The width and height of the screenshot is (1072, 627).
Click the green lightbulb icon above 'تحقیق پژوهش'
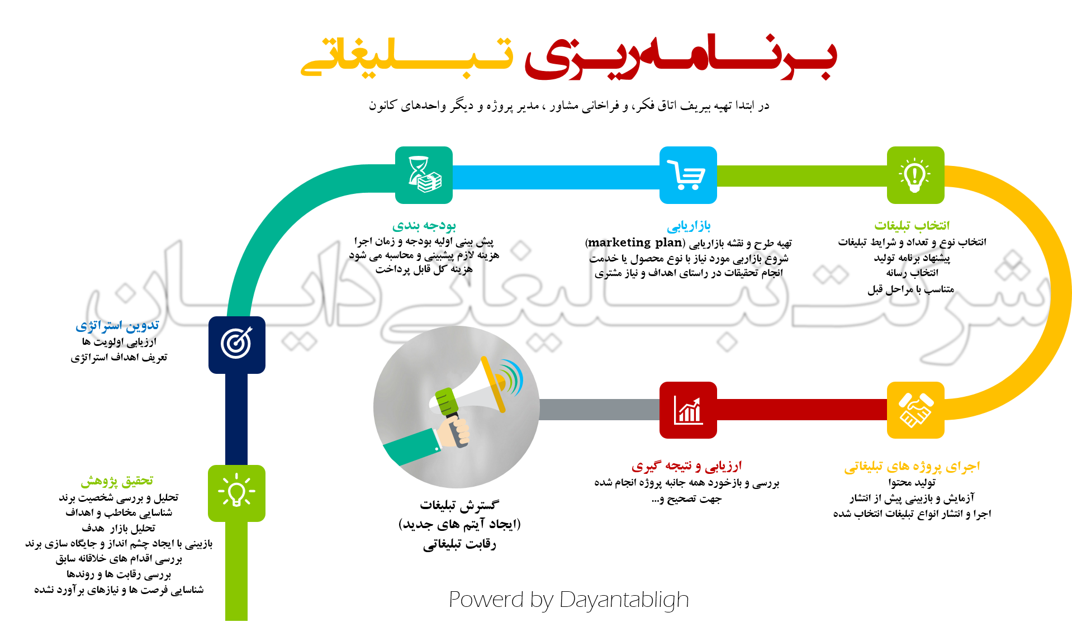click(x=236, y=493)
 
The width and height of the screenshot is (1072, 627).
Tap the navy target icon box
click(x=236, y=344)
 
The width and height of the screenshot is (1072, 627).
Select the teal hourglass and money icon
click(x=424, y=175)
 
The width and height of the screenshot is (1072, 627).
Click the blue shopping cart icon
click(x=687, y=175)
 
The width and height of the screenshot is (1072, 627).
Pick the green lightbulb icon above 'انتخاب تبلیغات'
click(x=915, y=175)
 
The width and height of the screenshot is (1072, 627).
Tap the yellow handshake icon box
click(x=915, y=410)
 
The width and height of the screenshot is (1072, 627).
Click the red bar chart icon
click(x=687, y=410)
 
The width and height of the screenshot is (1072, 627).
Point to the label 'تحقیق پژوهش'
click(x=117, y=481)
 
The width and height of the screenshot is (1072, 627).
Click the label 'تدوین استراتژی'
click(x=117, y=326)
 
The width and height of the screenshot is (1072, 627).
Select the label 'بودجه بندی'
click(x=424, y=226)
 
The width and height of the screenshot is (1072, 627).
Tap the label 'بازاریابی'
click(x=689, y=226)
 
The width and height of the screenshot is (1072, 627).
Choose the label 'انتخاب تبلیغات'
click(x=912, y=226)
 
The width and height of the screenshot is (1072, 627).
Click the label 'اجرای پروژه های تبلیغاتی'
click(x=912, y=467)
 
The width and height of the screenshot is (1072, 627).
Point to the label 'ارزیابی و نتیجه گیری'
click(x=686, y=466)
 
